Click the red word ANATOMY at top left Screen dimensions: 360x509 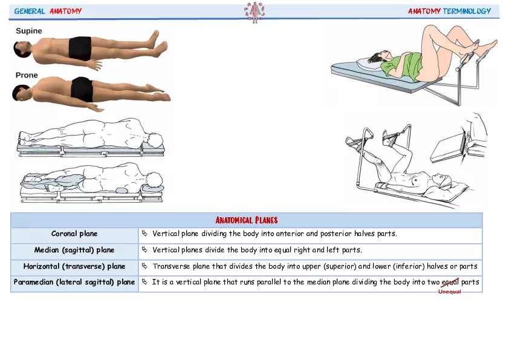[65, 11]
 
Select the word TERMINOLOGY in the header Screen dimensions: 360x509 [467, 11]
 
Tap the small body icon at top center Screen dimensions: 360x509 [255, 11]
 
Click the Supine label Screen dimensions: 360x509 [29, 31]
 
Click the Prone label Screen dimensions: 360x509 [27, 76]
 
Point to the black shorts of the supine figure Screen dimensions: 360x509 [80, 48]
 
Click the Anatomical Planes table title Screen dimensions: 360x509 [247, 220]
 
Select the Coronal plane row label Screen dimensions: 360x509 [74, 234]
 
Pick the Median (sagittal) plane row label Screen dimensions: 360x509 [74, 250]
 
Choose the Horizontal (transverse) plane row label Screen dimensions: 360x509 [74, 266]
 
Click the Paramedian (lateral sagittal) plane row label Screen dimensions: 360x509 [74, 282]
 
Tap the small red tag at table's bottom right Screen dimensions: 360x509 [449, 292]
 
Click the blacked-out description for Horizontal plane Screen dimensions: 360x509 [309, 266]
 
